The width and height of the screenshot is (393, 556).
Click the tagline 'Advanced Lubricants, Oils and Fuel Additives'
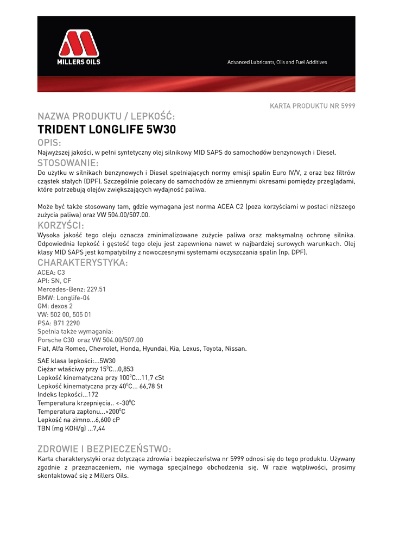click(x=277, y=62)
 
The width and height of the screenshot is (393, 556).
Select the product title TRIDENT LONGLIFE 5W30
click(x=107, y=130)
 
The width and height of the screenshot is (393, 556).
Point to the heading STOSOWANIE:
click(x=68, y=163)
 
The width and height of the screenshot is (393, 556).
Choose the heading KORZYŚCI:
click(x=60, y=225)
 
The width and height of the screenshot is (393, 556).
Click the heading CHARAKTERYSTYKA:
click(x=83, y=263)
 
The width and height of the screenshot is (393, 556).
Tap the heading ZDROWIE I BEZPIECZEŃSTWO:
click(x=104, y=449)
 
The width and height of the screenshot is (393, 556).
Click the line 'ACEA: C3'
click(x=51, y=273)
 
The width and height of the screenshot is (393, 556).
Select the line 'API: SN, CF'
click(x=54, y=281)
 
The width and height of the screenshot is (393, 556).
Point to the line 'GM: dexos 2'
click(x=55, y=306)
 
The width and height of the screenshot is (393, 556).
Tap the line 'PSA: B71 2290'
click(x=59, y=323)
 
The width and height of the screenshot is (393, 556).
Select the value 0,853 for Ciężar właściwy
click(x=125, y=369)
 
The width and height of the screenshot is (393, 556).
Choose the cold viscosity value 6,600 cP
click(x=107, y=420)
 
